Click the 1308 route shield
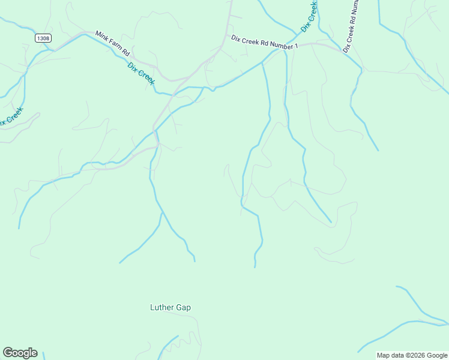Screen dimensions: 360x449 pyautogui.click(x=43, y=38)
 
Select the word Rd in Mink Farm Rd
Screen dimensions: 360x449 pyautogui.click(x=125, y=52)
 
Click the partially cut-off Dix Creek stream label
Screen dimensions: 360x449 pyautogui.click(x=11, y=117)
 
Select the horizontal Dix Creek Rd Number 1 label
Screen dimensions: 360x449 pyautogui.click(x=264, y=42)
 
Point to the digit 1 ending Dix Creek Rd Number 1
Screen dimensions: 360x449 pyautogui.click(x=296, y=47)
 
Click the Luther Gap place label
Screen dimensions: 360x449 pyautogui.click(x=170, y=308)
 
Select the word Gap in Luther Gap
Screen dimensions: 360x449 pyautogui.click(x=184, y=308)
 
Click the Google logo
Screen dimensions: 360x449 pyautogui.click(x=20, y=353)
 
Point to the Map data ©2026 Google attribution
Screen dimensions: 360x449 pyautogui.click(x=412, y=355)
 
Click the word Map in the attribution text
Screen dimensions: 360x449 pyautogui.click(x=384, y=355)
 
